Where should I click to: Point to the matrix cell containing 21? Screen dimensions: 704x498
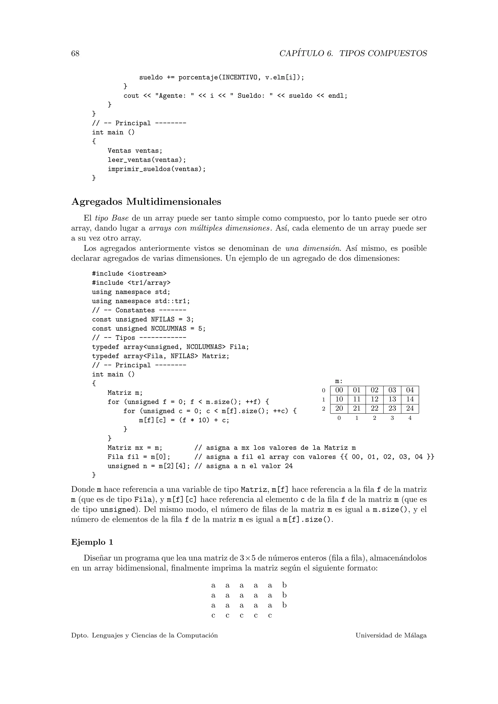(357, 408)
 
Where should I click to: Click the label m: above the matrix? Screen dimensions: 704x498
(338, 381)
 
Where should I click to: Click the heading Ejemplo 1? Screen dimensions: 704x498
(92, 542)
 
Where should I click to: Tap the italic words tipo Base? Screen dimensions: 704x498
(112, 218)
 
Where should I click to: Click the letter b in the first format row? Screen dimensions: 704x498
(284, 585)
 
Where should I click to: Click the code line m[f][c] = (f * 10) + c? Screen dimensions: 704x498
(184, 420)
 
